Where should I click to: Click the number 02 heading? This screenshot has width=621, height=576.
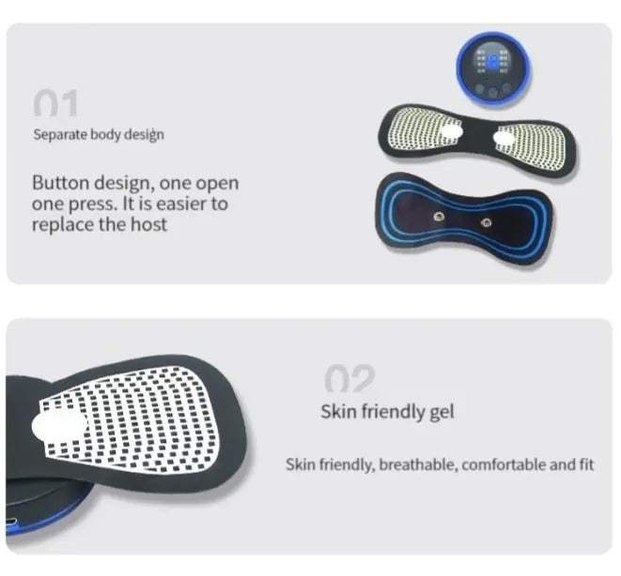pyautogui.click(x=349, y=379)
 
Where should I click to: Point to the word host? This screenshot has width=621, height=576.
pyautogui.click(x=149, y=224)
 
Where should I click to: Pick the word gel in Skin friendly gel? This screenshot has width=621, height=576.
pyautogui.click(x=441, y=412)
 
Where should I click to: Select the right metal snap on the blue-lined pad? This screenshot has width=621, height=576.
pyautogui.click(x=489, y=222)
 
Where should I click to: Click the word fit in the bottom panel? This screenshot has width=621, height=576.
pyautogui.click(x=588, y=464)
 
